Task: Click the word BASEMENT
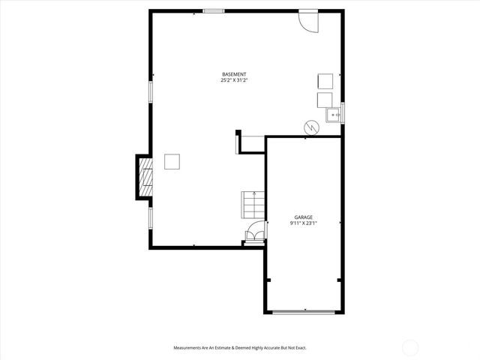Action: click(x=234, y=74)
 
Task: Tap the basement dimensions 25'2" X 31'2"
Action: click(x=234, y=80)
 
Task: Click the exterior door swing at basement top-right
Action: click(x=307, y=21)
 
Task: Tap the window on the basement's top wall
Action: click(x=214, y=11)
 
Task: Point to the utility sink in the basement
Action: click(x=333, y=115)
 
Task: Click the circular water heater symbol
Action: click(x=310, y=128)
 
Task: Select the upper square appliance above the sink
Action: click(x=325, y=82)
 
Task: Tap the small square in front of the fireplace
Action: click(x=172, y=161)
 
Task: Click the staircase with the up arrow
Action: click(x=253, y=204)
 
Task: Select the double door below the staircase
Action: click(x=255, y=235)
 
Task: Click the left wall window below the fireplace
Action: click(x=151, y=217)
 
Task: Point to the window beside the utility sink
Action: click(x=343, y=112)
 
